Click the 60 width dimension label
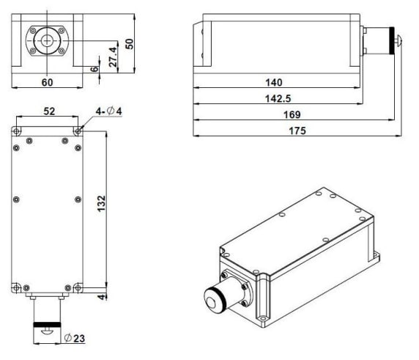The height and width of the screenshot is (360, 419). coord(48,82)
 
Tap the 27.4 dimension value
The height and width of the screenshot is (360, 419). coord(113,56)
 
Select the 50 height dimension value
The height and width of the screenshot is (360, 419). coord(130,44)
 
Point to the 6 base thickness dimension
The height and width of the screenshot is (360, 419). coord(94,69)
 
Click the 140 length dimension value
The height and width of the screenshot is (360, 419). coord(274,82)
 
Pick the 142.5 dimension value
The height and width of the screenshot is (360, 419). coord(278,99)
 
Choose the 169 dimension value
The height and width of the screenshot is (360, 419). coord(292,114)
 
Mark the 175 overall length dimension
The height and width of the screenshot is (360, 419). coord(297,131)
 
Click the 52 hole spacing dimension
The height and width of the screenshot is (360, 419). coord(49,111)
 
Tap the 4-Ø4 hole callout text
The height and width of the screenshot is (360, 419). coord(108,111)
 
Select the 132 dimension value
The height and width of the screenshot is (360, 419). coord(101,204)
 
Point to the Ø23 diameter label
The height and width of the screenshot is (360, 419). coord(75,338)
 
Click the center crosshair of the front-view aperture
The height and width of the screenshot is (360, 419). coord(47,40)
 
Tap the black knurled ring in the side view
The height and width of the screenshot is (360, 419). coord(392,40)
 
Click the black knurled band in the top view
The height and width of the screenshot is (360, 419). coord(47,325)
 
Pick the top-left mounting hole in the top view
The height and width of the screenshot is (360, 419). coord(16,131)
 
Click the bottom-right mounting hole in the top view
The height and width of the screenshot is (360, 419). coord(78,288)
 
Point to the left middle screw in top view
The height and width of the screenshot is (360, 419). coord(16,199)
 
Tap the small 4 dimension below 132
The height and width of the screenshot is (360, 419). coord(102,297)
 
